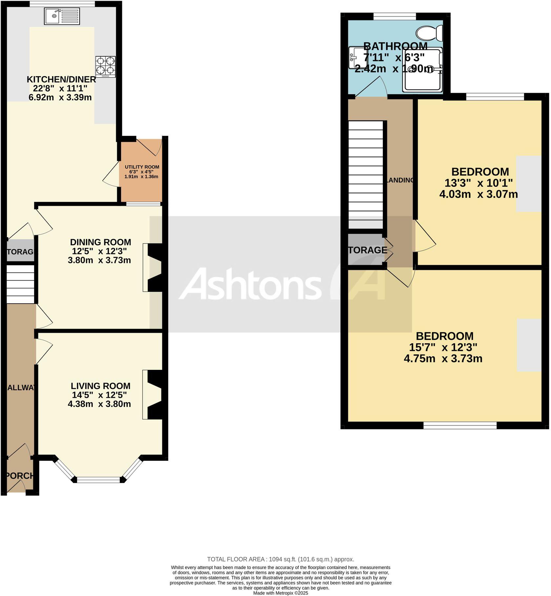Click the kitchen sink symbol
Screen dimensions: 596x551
tap(62, 16)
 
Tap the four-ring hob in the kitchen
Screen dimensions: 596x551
tap(106, 67)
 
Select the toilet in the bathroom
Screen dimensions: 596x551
tap(429, 33)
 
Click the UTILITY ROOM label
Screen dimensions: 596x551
tap(142, 167)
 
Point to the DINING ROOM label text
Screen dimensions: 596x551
tap(100, 242)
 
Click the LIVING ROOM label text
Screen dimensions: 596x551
tap(100, 386)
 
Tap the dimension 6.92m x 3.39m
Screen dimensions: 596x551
tap(60, 97)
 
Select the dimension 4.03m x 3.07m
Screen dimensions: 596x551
tap(478, 194)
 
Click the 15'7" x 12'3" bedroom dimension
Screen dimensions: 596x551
tap(443, 347)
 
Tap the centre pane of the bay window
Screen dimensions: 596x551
tap(99, 480)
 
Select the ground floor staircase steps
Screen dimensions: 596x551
tap(20, 284)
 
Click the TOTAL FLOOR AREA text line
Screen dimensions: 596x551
tap(280, 559)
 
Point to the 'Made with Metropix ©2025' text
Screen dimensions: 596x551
tap(280, 593)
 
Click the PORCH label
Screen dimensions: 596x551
tap(20, 476)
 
